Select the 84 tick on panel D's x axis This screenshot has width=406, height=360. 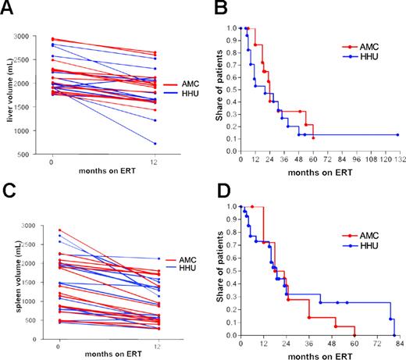coord(397,345)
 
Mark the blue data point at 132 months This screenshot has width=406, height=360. coord(397,134)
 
